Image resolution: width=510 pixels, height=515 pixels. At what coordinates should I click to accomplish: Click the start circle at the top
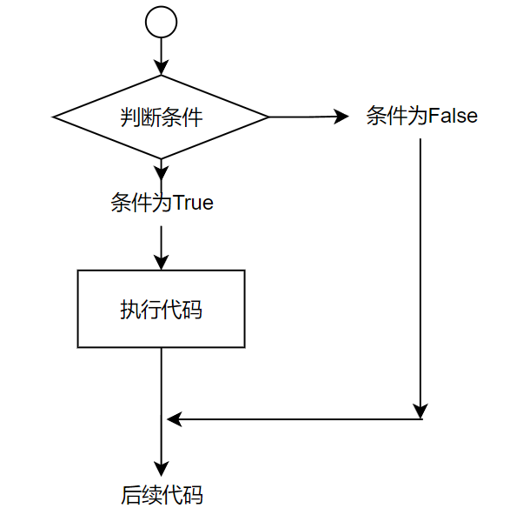pos(161,22)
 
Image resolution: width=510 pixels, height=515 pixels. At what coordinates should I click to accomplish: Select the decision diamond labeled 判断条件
pos(161,116)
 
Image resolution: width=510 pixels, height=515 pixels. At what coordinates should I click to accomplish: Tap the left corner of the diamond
pos(56,116)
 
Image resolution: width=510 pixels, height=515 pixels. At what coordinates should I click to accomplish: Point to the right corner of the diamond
pos(268,116)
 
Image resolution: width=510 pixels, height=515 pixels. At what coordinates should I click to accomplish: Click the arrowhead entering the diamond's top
pos(161,67)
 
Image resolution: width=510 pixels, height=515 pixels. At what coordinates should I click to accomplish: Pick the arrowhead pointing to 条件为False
pos(341,116)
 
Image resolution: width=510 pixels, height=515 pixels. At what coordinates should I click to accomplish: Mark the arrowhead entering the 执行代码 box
pos(161,263)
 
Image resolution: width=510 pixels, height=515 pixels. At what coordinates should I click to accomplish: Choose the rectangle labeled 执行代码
pos(161,309)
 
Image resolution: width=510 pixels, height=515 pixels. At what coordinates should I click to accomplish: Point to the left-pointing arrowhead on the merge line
pos(174,419)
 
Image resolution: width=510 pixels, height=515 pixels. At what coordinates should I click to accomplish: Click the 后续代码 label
pos(161,496)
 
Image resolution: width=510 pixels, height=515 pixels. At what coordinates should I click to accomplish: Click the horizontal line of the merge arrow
pos(295,419)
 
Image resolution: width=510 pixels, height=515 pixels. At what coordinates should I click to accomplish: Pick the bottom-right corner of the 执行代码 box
pos(244,348)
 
